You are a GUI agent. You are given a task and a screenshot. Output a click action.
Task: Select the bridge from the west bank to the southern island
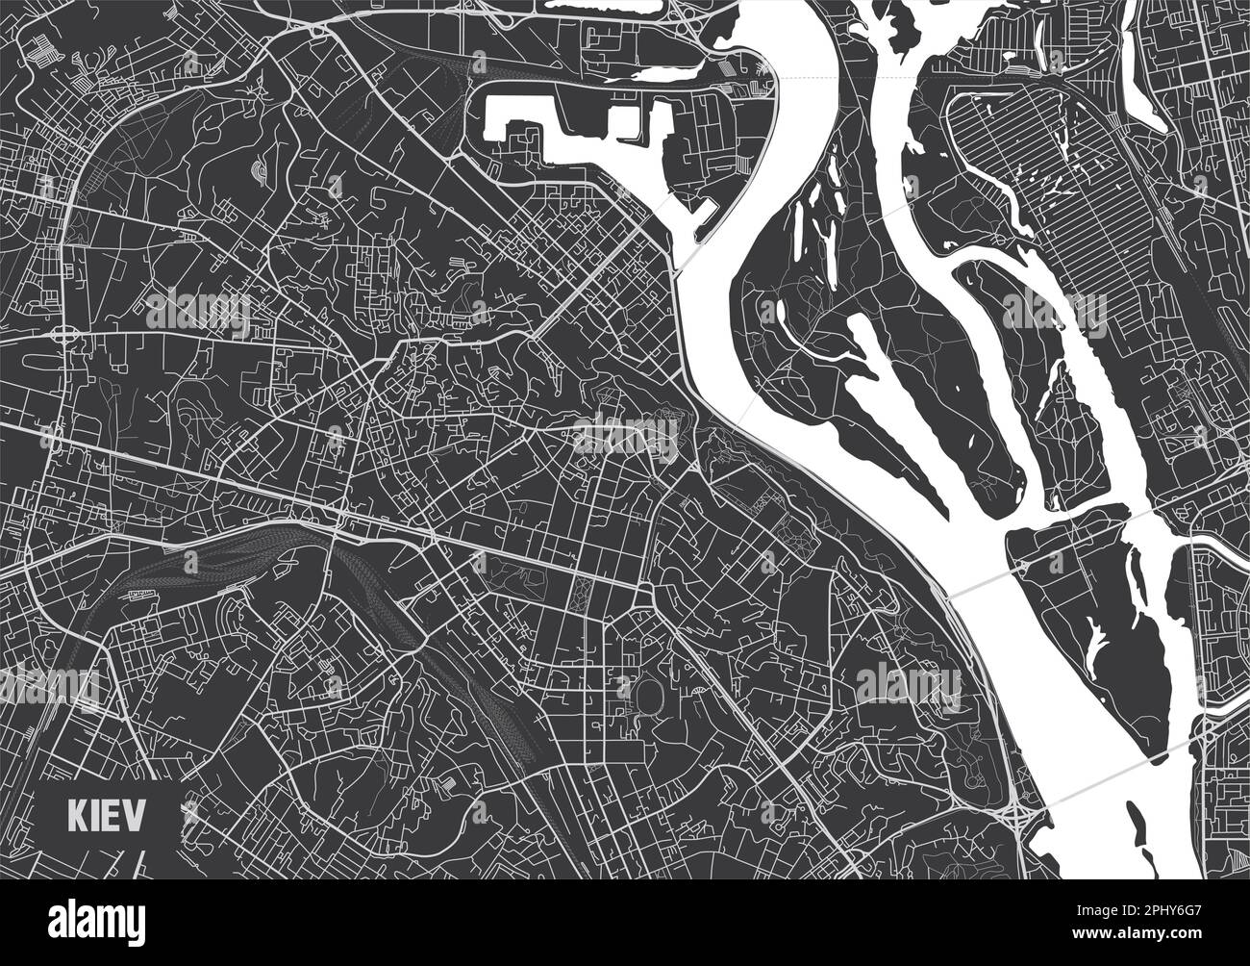coord(981,583)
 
